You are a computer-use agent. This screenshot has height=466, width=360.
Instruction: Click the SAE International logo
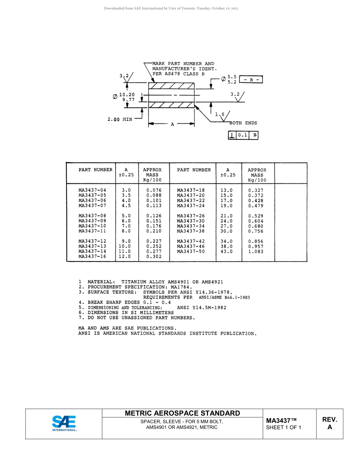64,423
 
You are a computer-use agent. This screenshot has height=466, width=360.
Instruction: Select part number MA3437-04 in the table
92,190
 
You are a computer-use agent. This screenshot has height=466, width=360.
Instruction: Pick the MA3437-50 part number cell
191,252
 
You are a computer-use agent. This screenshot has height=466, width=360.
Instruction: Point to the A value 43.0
227,252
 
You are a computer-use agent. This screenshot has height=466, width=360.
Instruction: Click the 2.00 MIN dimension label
120,119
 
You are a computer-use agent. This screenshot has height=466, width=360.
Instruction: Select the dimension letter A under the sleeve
172,124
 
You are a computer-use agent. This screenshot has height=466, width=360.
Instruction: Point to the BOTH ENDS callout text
243,123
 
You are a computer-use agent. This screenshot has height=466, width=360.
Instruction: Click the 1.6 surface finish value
219,114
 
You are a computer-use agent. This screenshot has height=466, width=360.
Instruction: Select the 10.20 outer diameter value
127,95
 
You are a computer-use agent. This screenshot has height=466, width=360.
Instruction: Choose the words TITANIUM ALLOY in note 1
146,282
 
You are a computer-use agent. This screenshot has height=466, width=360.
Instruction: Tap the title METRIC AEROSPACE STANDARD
182,413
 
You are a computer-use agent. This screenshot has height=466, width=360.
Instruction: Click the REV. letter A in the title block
329,427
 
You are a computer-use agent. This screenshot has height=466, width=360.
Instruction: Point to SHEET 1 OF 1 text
283,428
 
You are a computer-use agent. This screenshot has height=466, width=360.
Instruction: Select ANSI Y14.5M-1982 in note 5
202,308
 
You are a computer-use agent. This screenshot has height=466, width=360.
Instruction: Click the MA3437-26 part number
191,216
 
